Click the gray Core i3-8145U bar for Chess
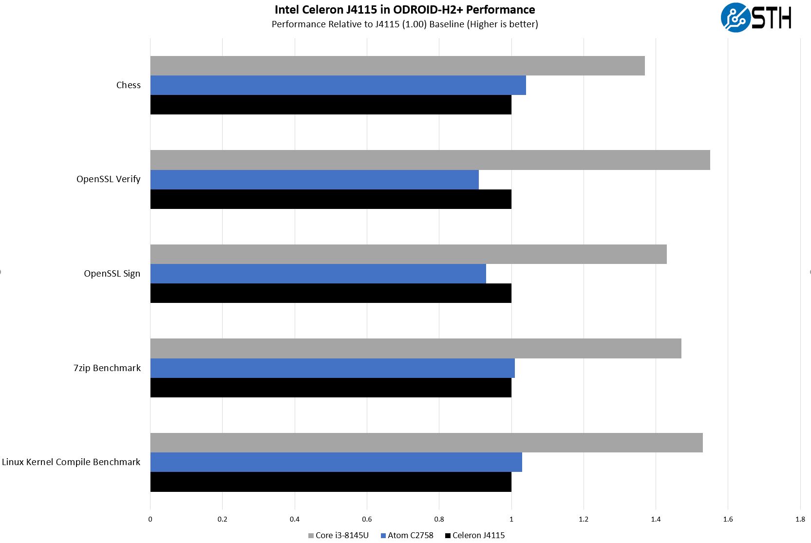pos(397,66)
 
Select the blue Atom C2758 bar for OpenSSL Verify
pos(314,180)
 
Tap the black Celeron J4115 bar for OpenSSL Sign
pos(331,293)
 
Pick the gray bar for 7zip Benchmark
pos(415,349)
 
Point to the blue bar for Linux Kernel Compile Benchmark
pos(336,462)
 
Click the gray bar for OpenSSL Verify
pos(430,160)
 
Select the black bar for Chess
pos(331,105)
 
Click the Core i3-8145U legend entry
pos(339,535)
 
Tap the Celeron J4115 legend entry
pos(475,535)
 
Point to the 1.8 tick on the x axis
pos(800,519)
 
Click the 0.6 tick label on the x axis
pos(367,519)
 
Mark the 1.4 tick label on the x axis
pos(656,519)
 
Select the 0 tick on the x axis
pos(150,519)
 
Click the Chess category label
pos(128,85)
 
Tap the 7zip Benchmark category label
pos(107,368)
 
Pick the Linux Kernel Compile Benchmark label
pos(71,462)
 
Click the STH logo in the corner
pos(755,18)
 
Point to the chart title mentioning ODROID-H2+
pos(405,10)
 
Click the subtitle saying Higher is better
pos(405,24)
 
